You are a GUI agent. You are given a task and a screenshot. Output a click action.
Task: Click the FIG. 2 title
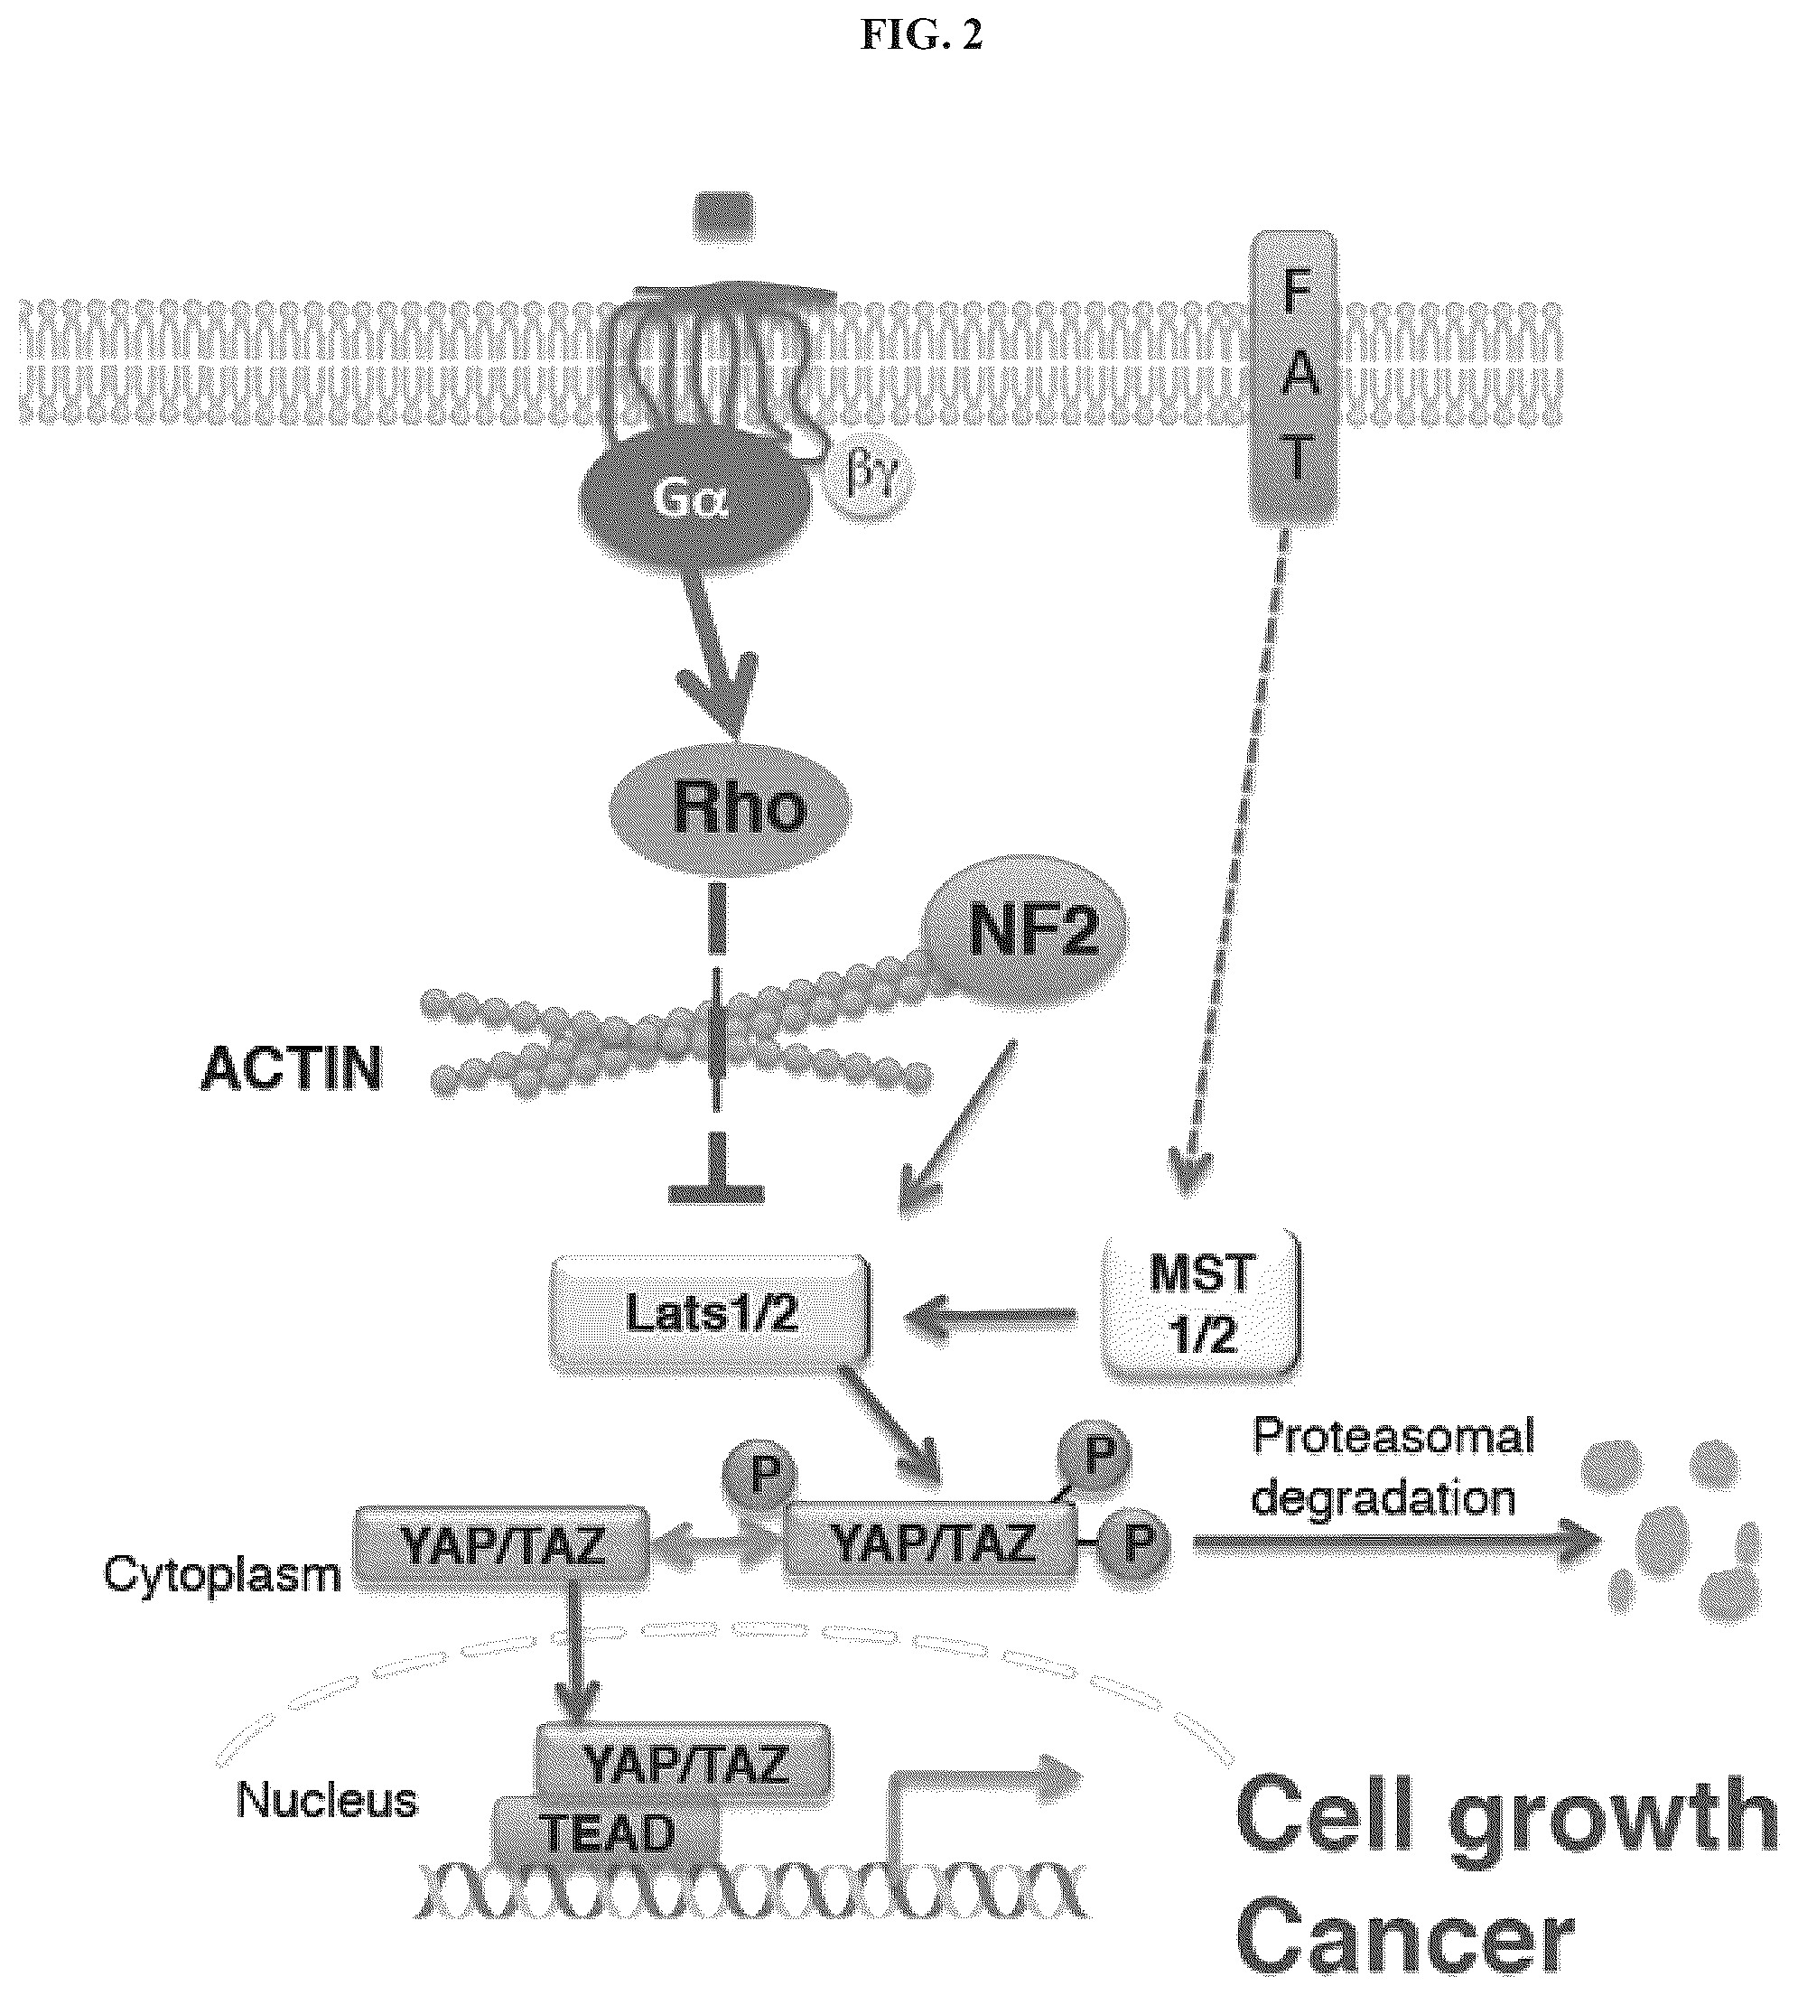tap(922, 35)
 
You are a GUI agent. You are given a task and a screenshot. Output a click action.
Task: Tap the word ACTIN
tap(292, 1069)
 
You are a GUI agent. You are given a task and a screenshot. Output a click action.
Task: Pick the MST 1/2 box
tap(1201, 1302)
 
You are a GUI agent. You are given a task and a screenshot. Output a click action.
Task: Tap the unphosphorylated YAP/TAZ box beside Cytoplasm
tap(503, 1547)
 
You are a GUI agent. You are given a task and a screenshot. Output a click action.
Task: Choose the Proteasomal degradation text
tap(1393, 1468)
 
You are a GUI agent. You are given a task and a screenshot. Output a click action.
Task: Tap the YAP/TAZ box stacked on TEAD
tap(682, 1764)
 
